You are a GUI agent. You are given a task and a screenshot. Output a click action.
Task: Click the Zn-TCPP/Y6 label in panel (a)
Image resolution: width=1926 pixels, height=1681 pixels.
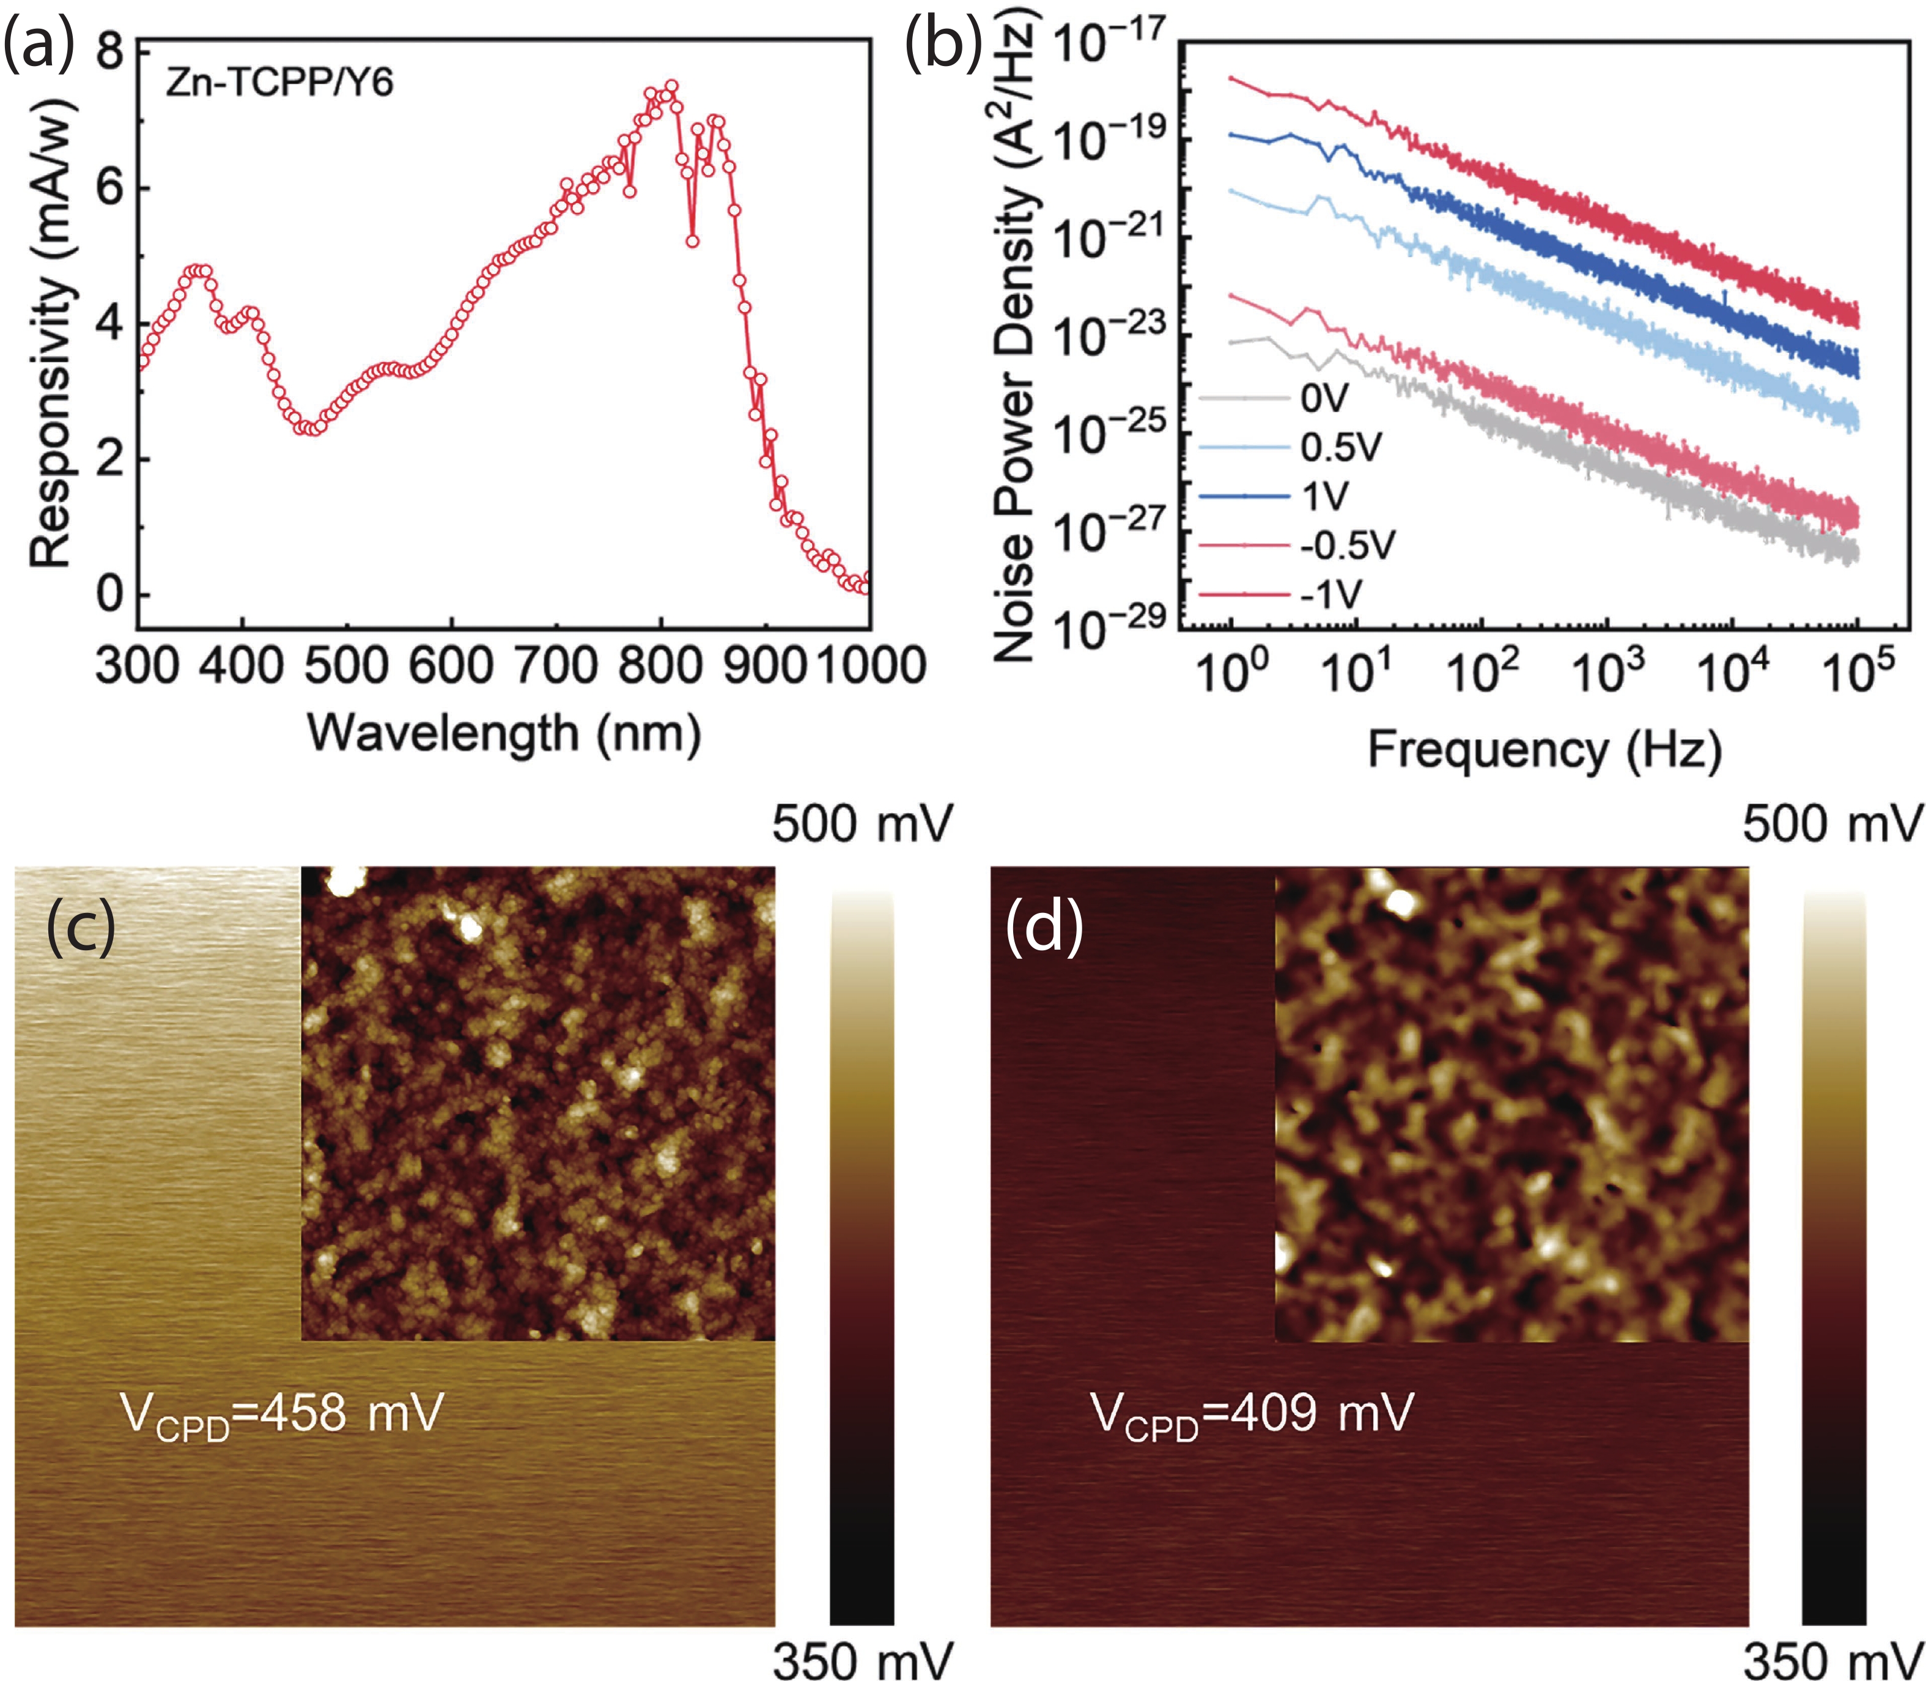click(x=279, y=84)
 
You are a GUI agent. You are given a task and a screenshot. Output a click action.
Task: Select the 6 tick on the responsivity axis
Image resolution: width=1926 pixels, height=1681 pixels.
click(x=110, y=188)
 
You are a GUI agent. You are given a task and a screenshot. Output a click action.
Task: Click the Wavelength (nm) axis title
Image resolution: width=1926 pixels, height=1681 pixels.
click(x=504, y=734)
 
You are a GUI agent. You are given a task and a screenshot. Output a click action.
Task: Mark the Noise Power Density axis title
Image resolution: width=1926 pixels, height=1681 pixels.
click(x=1015, y=338)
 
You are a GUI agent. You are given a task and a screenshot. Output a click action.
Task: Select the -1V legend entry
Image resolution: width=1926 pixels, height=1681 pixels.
click(x=1331, y=594)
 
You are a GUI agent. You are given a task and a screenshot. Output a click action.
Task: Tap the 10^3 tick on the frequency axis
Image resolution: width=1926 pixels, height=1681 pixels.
click(x=1608, y=671)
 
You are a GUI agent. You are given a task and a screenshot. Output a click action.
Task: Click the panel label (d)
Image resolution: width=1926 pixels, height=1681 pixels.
click(x=1043, y=927)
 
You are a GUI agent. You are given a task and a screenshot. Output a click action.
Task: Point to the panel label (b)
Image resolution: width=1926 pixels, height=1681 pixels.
click(x=943, y=45)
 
